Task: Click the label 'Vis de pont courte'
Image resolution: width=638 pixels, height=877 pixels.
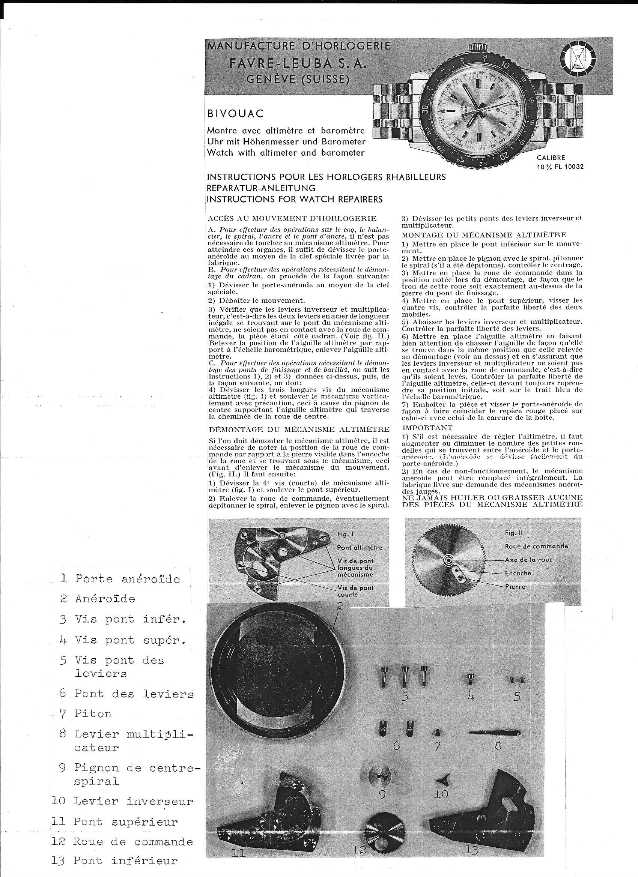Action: (355, 591)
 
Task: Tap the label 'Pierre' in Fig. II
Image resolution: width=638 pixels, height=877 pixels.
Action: (515, 587)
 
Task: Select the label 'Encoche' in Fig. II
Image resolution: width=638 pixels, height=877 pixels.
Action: (518, 573)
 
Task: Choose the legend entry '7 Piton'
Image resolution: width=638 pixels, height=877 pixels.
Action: (85, 714)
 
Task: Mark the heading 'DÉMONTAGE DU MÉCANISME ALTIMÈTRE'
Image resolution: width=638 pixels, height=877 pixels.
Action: (298, 429)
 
